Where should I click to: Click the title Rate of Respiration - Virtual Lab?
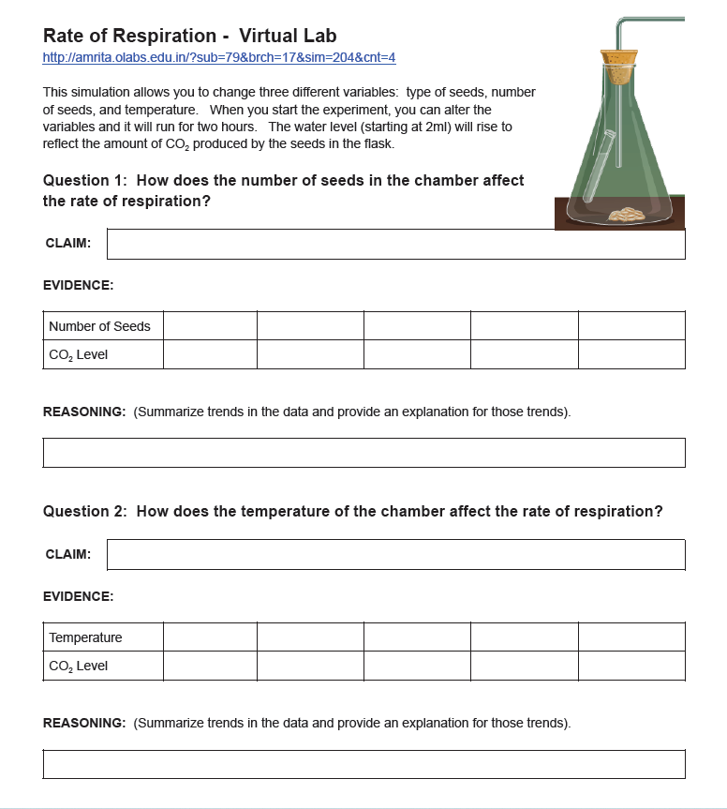189,36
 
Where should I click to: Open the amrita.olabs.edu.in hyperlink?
219,58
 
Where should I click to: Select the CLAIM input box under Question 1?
395,244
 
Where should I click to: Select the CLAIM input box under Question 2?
395,554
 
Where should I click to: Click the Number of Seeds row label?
99,326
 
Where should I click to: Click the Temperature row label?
86,637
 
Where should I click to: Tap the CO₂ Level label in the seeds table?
79,354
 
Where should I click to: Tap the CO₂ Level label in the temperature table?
79,666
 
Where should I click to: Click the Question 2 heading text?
352,511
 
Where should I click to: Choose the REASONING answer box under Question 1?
363,452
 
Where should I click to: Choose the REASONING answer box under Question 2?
363,763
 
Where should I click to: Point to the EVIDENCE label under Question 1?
79,285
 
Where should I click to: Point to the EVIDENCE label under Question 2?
79,596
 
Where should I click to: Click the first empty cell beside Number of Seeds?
210,326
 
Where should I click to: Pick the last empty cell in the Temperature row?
631,637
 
